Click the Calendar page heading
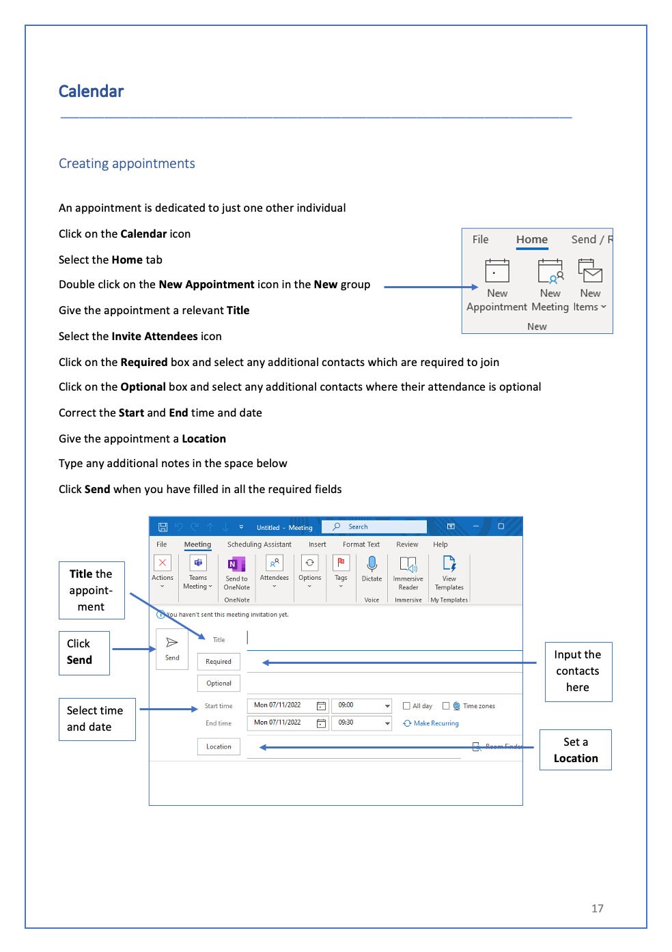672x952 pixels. [91, 92]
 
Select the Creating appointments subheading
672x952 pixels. [126, 164]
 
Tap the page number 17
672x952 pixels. [597, 908]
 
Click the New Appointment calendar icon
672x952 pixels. [496, 271]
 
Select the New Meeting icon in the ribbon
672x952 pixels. [550, 271]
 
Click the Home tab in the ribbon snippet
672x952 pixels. [531, 240]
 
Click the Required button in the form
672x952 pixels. [219, 662]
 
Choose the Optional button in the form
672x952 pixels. [219, 684]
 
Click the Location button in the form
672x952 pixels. [219, 747]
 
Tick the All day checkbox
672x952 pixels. [406, 706]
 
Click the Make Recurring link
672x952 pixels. [436, 723]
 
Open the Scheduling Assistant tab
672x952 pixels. [259, 545]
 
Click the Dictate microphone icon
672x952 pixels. [372, 564]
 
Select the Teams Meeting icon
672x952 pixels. [198, 563]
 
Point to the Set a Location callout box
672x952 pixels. [575, 750]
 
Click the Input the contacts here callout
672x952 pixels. [578, 671]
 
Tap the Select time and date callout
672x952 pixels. [96, 718]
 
